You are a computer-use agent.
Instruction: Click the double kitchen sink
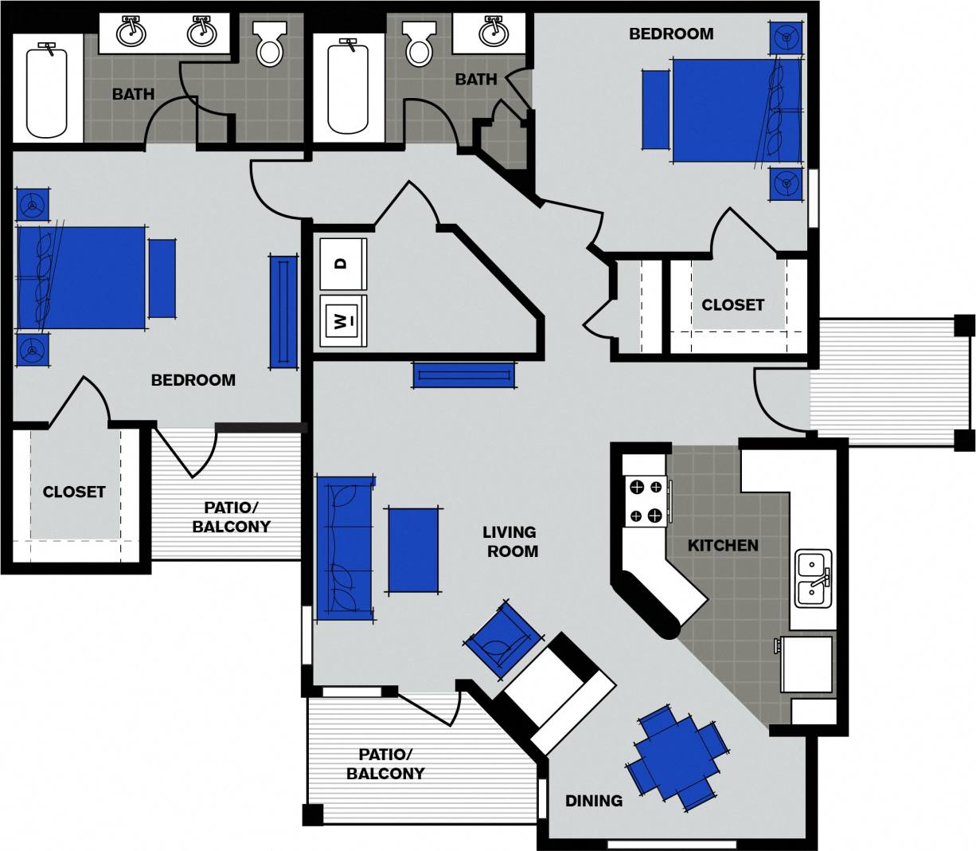pos(813,578)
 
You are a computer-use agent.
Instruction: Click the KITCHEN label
pos(723,546)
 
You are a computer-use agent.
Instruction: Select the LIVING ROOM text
pos(510,541)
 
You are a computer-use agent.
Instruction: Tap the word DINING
pos(594,801)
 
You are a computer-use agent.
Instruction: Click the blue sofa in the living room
pos(346,548)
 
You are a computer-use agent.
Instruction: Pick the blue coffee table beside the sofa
pos(413,551)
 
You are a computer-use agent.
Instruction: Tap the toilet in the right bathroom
pos(418,45)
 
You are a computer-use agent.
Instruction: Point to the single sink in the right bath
pos(494,33)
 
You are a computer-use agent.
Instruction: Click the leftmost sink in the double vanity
pos(131,33)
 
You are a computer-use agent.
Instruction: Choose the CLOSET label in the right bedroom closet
pos(732,304)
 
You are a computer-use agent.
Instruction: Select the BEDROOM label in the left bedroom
pos(193,380)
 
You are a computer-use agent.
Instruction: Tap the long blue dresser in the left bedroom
pos(283,311)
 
